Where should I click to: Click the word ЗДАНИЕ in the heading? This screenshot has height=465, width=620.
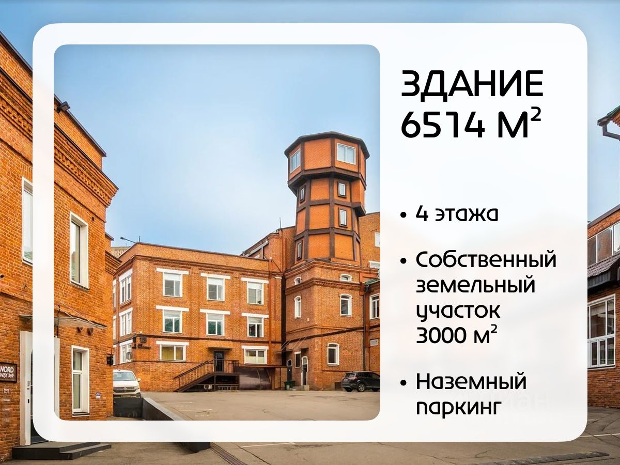(x=472, y=85)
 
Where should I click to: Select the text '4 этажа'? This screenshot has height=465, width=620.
(x=457, y=214)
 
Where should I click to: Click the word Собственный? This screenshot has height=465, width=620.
(x=486, y=260)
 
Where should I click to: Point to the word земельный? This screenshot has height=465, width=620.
(x=476, y=285)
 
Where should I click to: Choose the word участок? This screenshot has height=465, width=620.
(x=458, y=311)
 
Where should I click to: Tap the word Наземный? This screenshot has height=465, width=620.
(x=471, y=382)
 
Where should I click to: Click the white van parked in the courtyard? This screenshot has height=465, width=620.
(x=127, y=383)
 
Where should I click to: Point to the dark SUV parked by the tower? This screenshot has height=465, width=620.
(x=361, y=381)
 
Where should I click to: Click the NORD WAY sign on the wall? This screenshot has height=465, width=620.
(x=9, y=373)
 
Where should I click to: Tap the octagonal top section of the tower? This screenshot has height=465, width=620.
(x=327, y=156)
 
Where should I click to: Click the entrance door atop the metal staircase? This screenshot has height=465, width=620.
(x=219, y=361)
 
